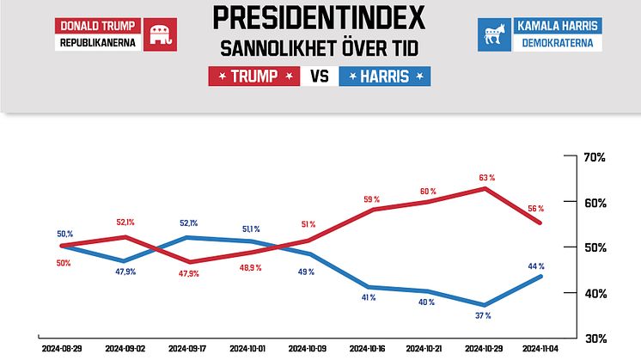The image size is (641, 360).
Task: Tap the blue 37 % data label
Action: pyautogui.click(x=483, y=316)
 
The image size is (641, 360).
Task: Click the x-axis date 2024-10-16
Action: pyautogui.click(x=367, y=350)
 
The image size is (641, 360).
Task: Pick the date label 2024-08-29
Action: pyautogui.click(x=63, y=350)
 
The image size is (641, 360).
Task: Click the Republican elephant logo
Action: pyautogui.click(x=158, y=35)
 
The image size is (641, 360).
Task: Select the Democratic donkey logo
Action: pyautogui.click(x=493, y=35)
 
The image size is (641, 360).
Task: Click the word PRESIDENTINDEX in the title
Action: pyautogui.click(x=320, y=17)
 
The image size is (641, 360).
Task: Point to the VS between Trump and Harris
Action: pyautogui.click(x=320, y=76)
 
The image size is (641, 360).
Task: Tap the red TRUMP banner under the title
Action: pyautogui.click(x=255, y=76)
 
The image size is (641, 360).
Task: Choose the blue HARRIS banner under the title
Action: pyautogui.click(x=385, y=76)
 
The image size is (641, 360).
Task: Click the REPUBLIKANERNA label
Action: pyautogui.click(x=98, y=43)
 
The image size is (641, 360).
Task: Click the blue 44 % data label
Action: pyautogui.click(x=537, y=265)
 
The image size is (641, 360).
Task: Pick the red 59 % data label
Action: pyautogui.click(x=370, y=199)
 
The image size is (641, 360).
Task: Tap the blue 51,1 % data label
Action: pyautogui.click(x=250, y=229)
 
